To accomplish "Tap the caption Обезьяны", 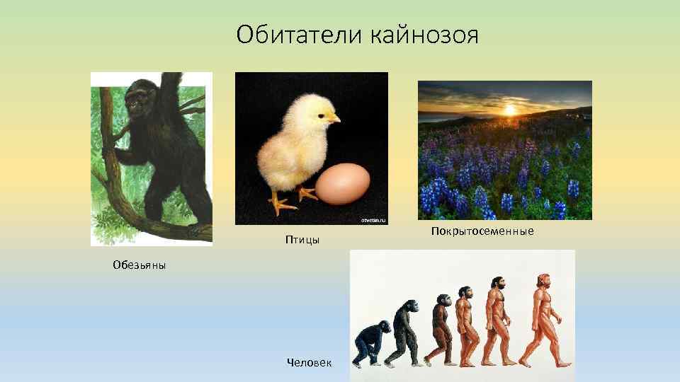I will [x=139, y=265].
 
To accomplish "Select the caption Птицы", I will [x=302, y=241].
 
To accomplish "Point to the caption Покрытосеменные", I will [x=482, y=231].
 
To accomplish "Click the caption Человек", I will [x=309, y=361].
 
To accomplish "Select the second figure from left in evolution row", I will [x=404, y=332].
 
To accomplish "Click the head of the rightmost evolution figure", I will [x=543, y=279].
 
